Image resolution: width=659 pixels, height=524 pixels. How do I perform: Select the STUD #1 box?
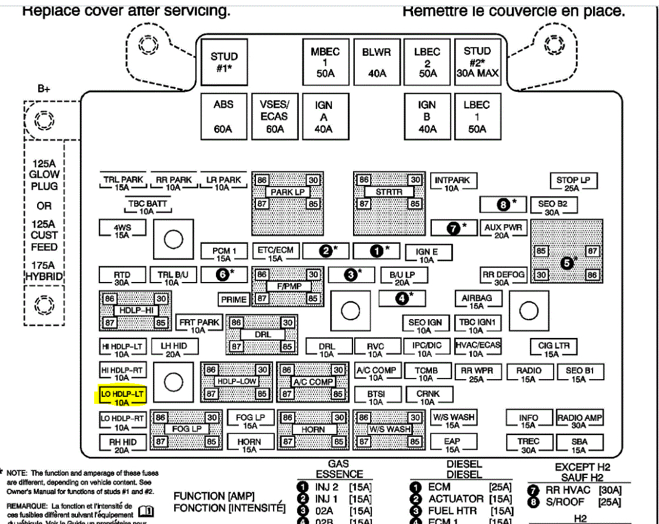point(224,61)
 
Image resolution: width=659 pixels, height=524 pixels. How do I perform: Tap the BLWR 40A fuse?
point(376,61)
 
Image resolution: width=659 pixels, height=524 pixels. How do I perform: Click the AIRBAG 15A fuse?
point(477,301)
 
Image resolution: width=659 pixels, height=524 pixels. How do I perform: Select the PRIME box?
point(234,299)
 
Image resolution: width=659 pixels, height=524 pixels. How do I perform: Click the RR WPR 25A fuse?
point(477,374)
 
